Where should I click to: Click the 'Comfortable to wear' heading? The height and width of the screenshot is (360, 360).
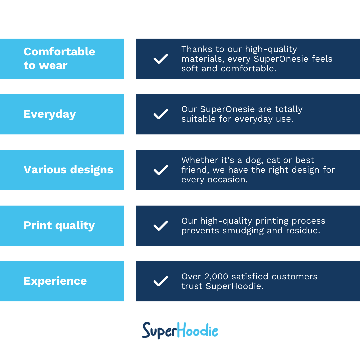[x=59, y=59]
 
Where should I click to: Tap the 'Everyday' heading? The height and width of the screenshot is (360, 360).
[x=50, y=114]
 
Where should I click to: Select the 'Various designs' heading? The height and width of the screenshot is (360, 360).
[x=68, y=170]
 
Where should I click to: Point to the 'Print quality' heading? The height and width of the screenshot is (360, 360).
[x=59, y=226]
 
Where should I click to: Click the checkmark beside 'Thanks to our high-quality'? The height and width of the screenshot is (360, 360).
[x=161, y=59]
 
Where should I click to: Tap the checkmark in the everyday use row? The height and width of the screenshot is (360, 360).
[x=161, y=114]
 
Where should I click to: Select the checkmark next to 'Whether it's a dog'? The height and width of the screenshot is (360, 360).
[x=161, y=170]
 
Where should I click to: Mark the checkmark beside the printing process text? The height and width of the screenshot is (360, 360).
[x=161, y=226]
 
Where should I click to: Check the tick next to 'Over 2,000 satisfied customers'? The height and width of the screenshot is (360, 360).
[x=161, y=281]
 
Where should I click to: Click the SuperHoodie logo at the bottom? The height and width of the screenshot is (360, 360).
[x=180, y=331]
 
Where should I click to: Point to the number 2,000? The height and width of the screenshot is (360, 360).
[x=216, y=277]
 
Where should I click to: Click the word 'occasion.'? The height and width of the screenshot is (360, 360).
[x=228, y=180]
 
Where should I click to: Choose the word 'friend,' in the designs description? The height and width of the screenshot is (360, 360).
[x=195, y=170]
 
